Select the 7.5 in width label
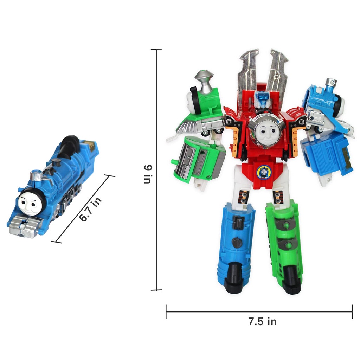click(262, 321)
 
